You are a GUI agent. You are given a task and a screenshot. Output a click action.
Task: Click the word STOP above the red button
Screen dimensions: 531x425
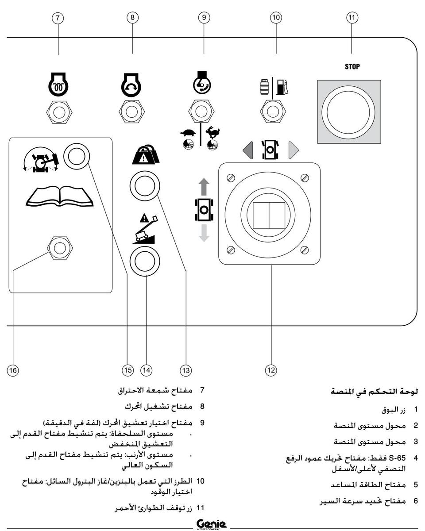tap(352, 67)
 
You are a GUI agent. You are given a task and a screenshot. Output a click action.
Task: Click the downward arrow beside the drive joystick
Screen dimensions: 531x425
tap(204, 232)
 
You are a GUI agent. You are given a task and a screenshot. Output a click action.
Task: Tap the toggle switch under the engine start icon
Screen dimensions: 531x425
tap(129, 112)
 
